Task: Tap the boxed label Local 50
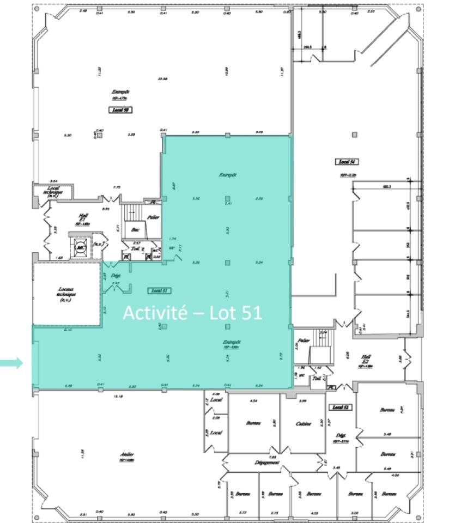pyautogui.click(x=121, y=110)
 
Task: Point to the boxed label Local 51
pyautogui.click(x=159, y=290)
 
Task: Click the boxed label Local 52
pyautogui.click(x=340, y=407)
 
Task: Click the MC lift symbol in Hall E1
pyautogui.click(x=82, y=246)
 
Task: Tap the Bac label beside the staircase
pyautogui.click(x=135, y=230)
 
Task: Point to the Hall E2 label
pyautogui.click(x=366, y=360)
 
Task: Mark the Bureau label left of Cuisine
pyautogui.click(x=253, y=423)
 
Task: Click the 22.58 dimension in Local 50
pyautogui.click(x=161, y=79)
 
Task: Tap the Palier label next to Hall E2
pyautogui.click(x=304, y=340)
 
